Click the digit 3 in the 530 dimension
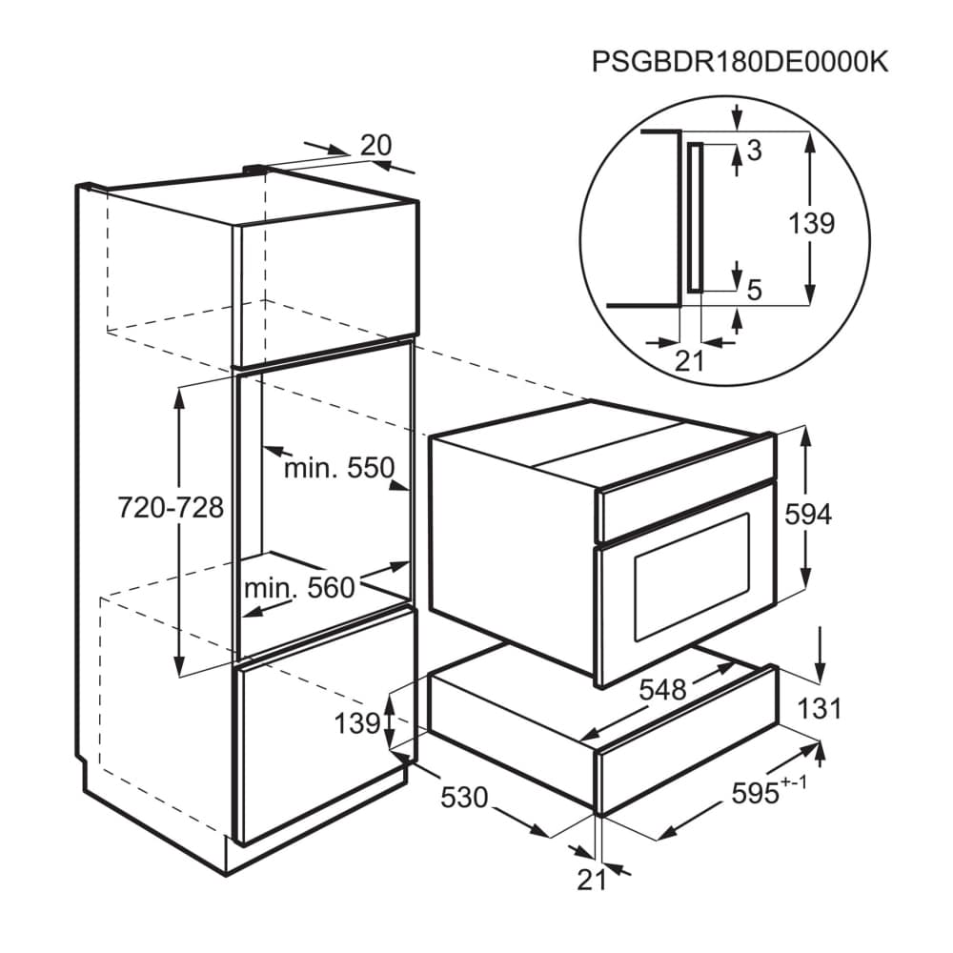point(464,798)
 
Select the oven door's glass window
point(692,578)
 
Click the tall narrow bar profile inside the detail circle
point(696,217)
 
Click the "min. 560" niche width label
point(299,588)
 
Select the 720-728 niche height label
point(171,508)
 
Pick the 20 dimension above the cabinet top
point(375,146)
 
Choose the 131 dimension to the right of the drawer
point(820,709)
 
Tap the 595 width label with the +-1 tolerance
point(769,791)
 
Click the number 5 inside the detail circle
point(754,291)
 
